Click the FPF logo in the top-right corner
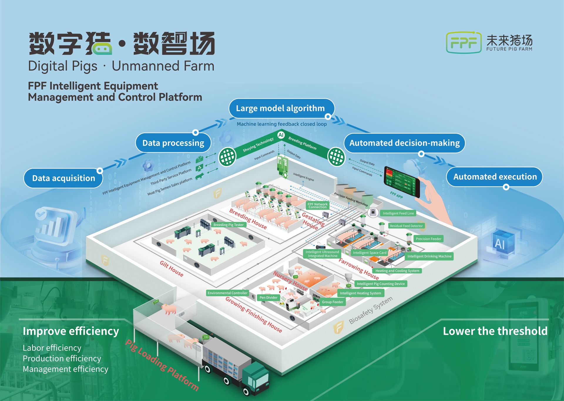click(464, 43)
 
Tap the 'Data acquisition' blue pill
click(63, 178)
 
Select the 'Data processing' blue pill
click(173, 143)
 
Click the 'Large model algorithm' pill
click(280, 108)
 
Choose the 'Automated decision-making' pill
click(404, 143)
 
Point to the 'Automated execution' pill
click(495, 177)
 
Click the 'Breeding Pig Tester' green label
click(228, 225)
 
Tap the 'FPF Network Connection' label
click(317, 205)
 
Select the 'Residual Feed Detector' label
click(406, 226)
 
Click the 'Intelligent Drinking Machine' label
click(429, 256)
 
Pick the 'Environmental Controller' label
click(227, 293)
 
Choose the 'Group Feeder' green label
click(332, 302)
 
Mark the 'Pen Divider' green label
click(268, 298)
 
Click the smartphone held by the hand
click(402, 182)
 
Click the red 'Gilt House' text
click(172, 269)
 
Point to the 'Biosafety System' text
click(370, 310)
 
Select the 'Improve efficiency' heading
click(71, 331)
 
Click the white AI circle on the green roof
click(281, 135)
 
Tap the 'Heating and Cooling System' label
click(397, 271)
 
